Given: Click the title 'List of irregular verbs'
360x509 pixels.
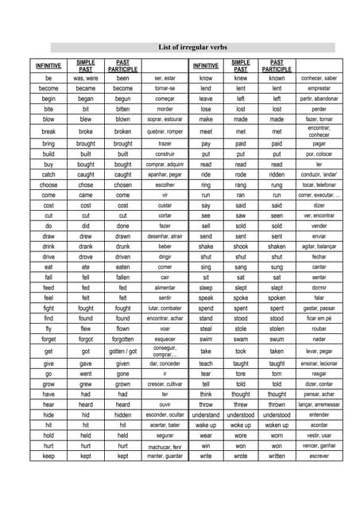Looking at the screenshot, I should [180, 47].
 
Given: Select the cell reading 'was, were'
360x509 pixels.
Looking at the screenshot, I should [86, 79].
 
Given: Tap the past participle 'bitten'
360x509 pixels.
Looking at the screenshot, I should [122, 109].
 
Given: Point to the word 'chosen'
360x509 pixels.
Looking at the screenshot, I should [122, 185].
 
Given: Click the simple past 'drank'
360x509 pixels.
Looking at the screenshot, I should [86, 247].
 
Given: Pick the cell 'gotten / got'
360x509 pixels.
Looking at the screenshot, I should [122, 351].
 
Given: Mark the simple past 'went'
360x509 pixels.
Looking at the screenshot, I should [86, 373].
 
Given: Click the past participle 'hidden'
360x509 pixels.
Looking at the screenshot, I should [122, 414].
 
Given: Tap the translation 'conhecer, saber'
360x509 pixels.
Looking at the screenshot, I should [319, 79].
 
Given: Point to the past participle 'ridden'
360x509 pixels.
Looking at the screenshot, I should [277, 174].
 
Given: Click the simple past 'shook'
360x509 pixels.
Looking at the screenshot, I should [241, 247].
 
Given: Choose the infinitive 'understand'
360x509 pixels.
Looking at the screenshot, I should [206, 414].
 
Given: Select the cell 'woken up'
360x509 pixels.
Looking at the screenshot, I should [277, 425].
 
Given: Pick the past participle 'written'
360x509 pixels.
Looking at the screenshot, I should [277, 457].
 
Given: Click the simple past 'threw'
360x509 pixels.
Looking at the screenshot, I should [241, 404].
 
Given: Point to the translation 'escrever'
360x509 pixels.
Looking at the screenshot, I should [319, 457].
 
